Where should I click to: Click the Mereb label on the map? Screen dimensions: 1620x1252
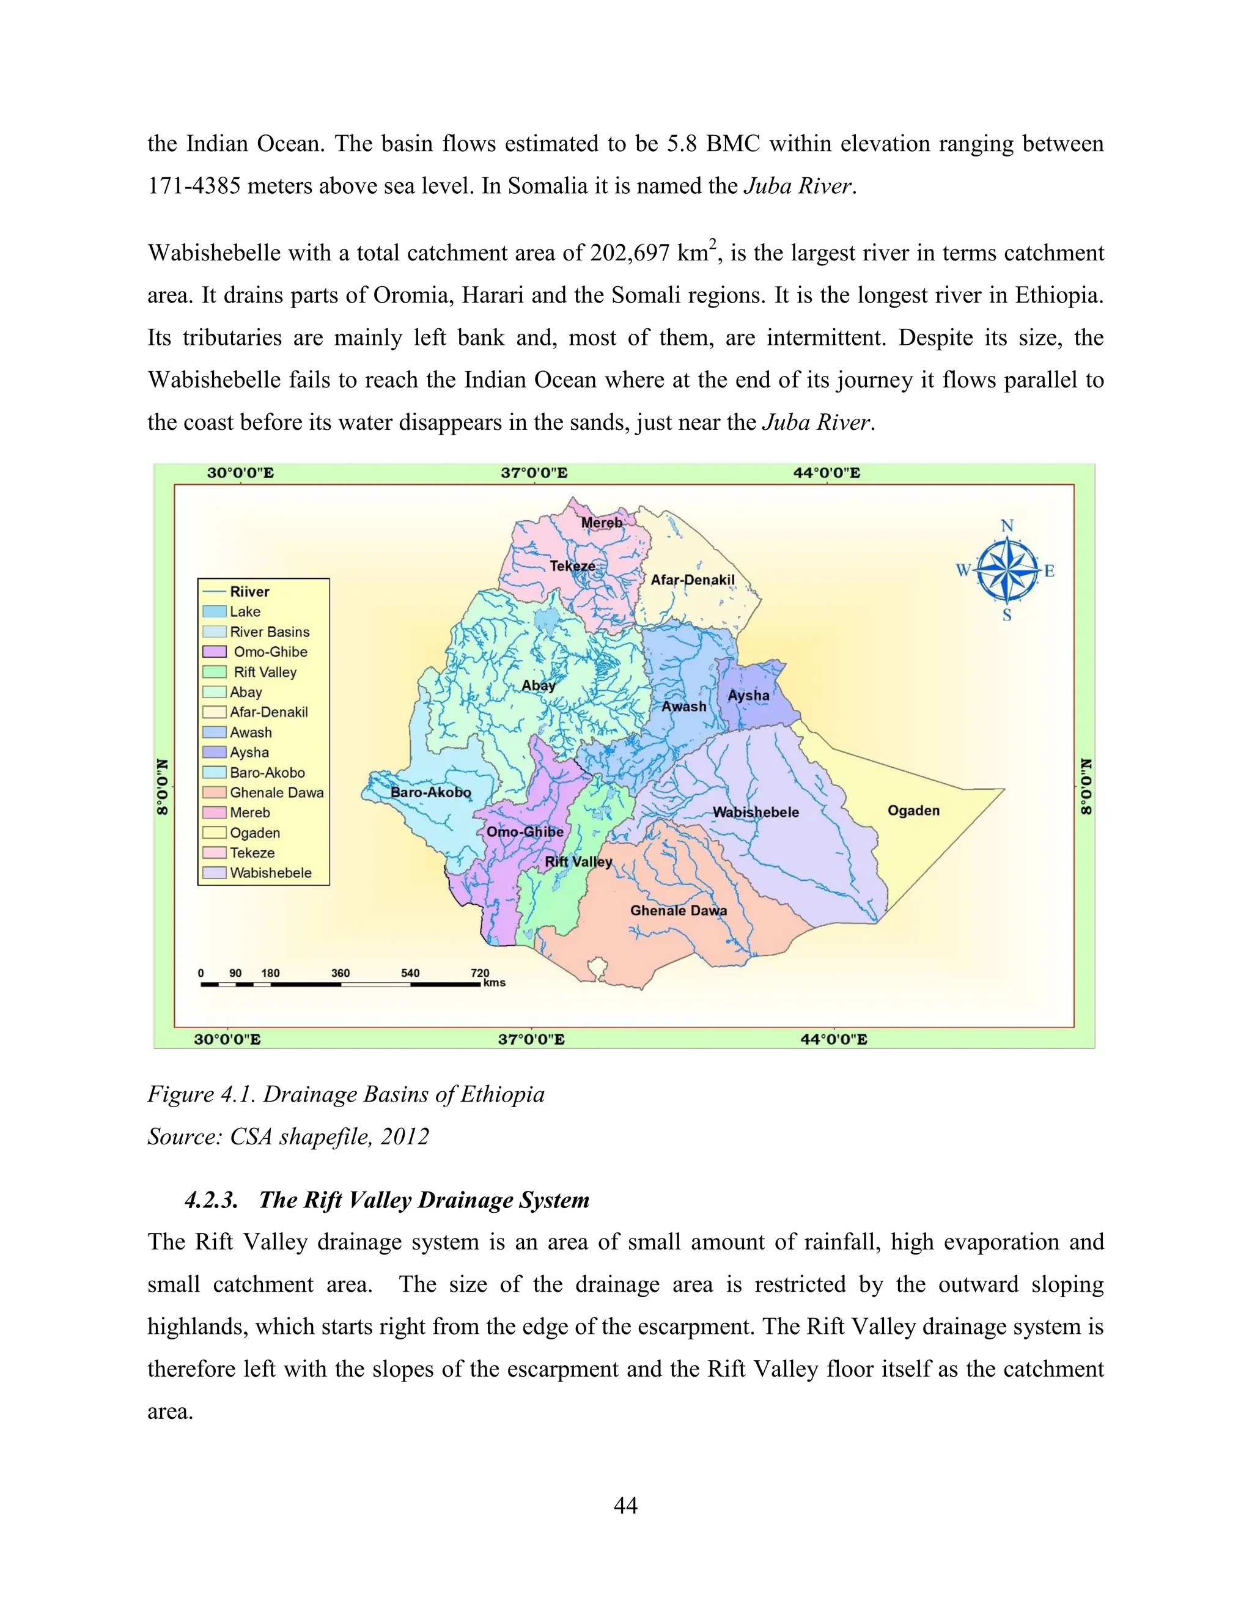[602, 523]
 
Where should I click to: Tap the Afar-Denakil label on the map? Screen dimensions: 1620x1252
[692, 580]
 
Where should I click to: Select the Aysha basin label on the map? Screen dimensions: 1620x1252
[748, 696]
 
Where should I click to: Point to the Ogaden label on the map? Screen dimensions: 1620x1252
[913, 811]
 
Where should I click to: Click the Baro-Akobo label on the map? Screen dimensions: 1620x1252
[430, 792]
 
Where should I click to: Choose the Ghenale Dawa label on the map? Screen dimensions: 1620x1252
[678, 911]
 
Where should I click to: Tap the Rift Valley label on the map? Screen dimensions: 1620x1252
[578, 862]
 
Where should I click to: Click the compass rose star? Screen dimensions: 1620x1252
[1006, 570]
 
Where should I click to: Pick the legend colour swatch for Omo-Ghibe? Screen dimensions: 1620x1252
[215, 652]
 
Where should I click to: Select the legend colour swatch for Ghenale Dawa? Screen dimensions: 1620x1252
[215, 793]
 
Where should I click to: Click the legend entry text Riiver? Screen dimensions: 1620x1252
[249, 592]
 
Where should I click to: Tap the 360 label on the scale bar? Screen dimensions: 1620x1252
[341, 973]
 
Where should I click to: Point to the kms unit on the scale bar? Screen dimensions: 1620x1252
[494, 983]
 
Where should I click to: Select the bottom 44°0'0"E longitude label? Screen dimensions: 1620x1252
[833, 1039]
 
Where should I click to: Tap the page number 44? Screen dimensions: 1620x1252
[625, 1505]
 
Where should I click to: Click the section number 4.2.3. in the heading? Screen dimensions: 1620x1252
[212, 1200]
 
